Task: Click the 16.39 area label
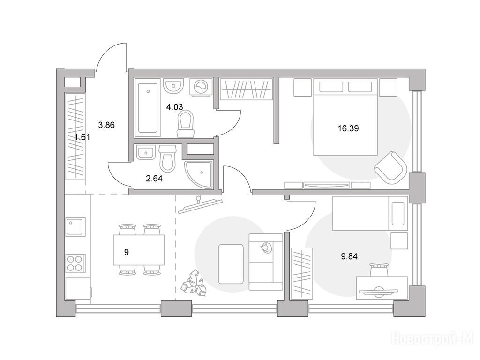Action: pyautogui.click(x=348, y=128)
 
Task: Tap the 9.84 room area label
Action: pyautogui.click(x=349, y=256)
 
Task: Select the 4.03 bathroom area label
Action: pyautogui.click(x=174, y=107)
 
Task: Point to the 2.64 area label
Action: pyautogui.click(x=154, y=179)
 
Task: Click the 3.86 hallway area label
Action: pyautogui.click(x=106, y=125)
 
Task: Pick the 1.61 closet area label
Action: pyautogui.click(x=82, y=137)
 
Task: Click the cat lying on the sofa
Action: pyautogui.click(x=266, y=247)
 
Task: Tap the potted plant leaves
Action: pyautogui.click(x=193, y=282)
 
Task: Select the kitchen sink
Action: pyautogui.click(x=75, y=227)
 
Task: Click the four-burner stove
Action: pyautogui.click(x=75, y=263)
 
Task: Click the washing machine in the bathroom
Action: pyautogui.click(x=201, y=87)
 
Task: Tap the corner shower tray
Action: pyautogui.click(x=199, y=173)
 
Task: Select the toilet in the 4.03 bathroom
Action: pyautogui.click(x=186, y=124)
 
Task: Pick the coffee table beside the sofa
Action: pyautogui.click(x=231, y=264)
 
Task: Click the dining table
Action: pyautogui.click(x=139, y=250)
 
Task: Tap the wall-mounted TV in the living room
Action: pyautogui.click(x=200, y=204)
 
